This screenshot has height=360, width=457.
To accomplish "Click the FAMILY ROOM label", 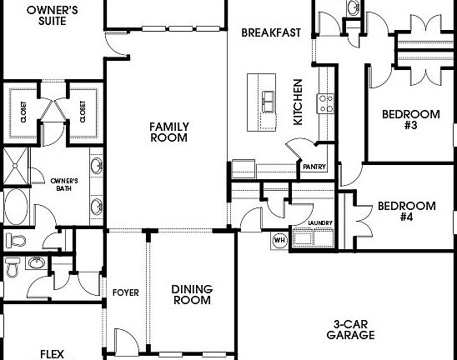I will pyautogui.click(x=169, y=132).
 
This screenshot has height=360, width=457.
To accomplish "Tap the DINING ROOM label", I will pyautogui.click(x=192, y=294).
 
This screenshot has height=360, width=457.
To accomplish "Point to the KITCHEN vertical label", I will pyautogui.click(x=298, y=102).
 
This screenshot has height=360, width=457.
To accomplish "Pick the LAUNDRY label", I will pyautogui.click(x=320, y=223).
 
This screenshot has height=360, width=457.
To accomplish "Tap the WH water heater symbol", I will pyautogui.click(x=280, y=240).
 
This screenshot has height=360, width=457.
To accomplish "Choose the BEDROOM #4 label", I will pyautogui.click(x=406, y=211).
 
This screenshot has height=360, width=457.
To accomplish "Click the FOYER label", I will pyautogui.click(x=125, y=293).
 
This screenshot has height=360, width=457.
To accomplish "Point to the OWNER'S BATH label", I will pyautogui.click(x=64, y=184).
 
